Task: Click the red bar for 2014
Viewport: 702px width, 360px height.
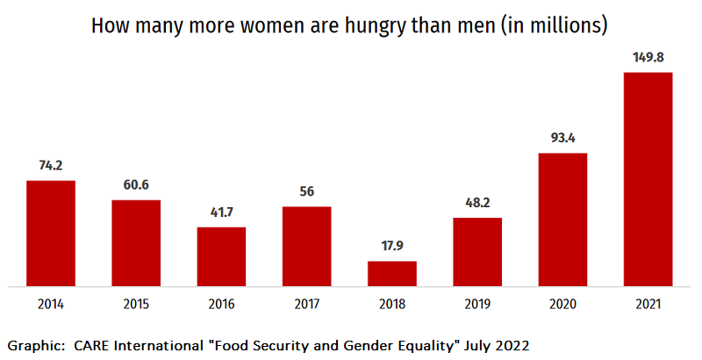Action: tap(51, 234)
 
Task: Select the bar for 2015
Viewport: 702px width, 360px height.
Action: tap(136, 243)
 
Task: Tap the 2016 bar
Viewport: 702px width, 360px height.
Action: tap(221, 256)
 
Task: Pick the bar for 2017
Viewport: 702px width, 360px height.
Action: tap(306, 247)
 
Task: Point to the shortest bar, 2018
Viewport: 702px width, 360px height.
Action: tap(391, 274)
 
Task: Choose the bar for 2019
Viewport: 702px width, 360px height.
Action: tap(477, 252)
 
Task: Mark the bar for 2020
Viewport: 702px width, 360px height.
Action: tap(562, 220)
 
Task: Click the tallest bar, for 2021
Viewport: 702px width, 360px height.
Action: tap(648, 179)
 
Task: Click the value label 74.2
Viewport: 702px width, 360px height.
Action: tap(51, 166)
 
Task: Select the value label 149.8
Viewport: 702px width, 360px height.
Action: tap(648, 58)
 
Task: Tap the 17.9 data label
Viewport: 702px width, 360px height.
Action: tap(391, 247)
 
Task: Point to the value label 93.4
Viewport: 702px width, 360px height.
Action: tap(562, 139)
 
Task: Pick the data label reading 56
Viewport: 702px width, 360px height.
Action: tap(306, 192)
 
